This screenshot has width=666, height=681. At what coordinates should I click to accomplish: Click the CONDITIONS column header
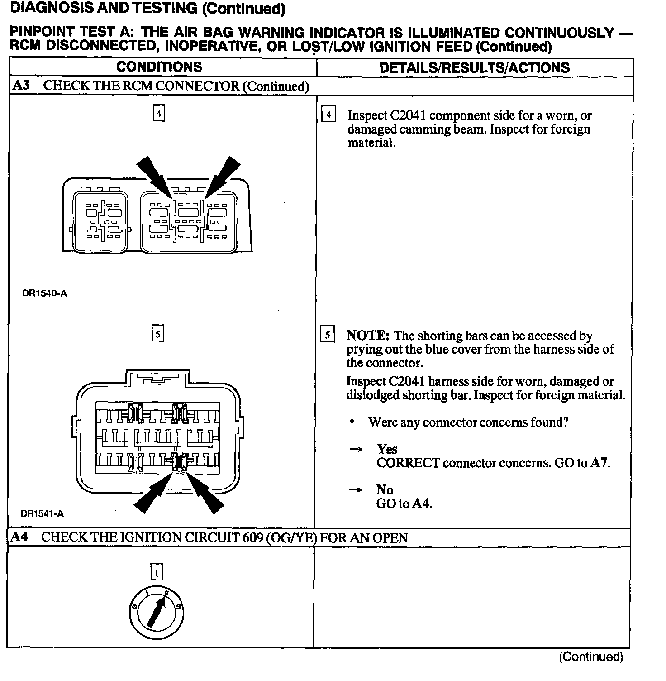click(x=159, y=67)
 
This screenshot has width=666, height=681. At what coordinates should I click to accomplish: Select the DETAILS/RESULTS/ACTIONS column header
click(x=474, y=67)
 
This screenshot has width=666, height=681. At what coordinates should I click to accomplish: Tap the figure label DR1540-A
click(x=44, y=293)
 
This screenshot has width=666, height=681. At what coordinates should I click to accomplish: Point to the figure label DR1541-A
click(x=42, y=514)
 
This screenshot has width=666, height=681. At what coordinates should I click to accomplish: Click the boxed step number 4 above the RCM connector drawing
click(x=158, y=113)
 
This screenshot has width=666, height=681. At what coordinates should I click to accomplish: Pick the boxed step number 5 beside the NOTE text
click(x=327, y=336)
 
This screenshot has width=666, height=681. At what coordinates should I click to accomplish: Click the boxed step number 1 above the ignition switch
click(x=157, y=573)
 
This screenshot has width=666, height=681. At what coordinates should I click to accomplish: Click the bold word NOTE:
click(x=368, y=336)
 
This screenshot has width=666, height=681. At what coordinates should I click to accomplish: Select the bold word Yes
click(x=387, y=449)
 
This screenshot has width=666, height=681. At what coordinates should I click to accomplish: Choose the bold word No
click(x=385, y=490)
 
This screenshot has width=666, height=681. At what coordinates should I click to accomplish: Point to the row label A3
click(x=21, y=86)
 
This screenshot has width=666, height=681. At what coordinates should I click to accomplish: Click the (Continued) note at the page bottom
click(x=591, y=657)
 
